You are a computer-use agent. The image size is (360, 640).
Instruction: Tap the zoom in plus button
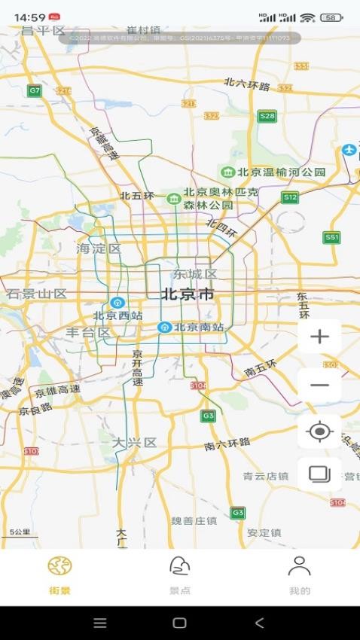coord(320,337)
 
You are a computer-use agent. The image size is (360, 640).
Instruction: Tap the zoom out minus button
coord(320,385)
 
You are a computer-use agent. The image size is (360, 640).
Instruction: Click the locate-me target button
coord(320,431)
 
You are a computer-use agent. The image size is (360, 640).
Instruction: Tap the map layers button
coord(320,474)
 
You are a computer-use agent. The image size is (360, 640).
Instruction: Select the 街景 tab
coord(59,576)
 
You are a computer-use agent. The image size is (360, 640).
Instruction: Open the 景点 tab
coord(179,576)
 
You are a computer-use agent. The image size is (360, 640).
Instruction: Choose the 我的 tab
coord(300,576)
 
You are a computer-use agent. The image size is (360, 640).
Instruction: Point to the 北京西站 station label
coord(117,315)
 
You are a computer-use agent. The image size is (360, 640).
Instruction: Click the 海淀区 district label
coord(99,248)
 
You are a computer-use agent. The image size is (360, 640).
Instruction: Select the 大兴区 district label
coord(135,442)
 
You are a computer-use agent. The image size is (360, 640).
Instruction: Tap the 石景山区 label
coord(37,294)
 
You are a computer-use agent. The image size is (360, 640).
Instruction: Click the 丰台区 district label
coord(89,332)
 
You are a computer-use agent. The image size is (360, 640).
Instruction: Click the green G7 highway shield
coord(35,90)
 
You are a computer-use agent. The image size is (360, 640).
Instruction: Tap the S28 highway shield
coord(267,116)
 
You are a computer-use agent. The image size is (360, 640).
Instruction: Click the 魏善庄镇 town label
coord(194,521)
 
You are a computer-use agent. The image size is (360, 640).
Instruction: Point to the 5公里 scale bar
coord(20,533)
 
